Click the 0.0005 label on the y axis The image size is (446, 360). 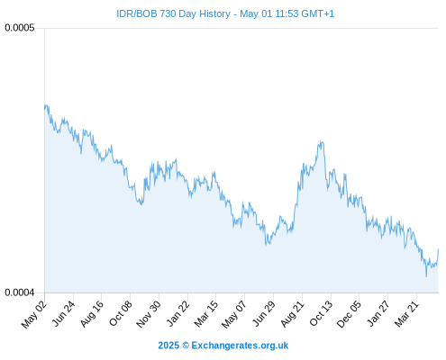coord(20,28)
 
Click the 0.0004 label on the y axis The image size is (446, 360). coord(20,292)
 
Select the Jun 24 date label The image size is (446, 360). coord(63,314)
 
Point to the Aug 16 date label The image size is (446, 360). coord(92,314)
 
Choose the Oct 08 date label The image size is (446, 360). coord(121,314)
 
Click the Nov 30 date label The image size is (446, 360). coord(149,314)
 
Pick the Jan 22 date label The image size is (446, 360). coord(178,314)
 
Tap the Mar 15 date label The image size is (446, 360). coord(206,314)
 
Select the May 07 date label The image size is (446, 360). coord(234,314)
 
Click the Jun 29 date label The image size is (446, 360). coord(264,314)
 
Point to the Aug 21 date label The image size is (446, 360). coord(293,314)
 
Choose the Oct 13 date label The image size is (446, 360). coord(321,314)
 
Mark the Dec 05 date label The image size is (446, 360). coord(349,314)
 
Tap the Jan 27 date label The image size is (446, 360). coord(378,314)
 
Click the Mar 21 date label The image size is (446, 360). coord(406,314)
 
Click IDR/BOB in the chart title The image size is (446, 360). coord(137,13)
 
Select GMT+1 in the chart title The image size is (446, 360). coord(317,13)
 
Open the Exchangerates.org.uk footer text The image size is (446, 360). coord(240,346)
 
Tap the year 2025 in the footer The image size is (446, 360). coord(168,346)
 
